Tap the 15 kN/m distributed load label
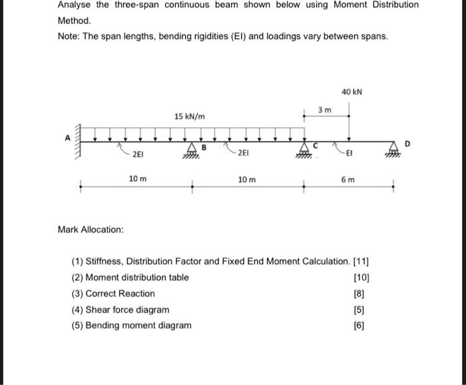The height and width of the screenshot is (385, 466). pos(190,117)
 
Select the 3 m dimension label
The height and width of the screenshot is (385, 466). pos(324,109)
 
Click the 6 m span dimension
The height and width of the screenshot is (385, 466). pos(348,180)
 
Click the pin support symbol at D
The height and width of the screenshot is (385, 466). pos(395,151)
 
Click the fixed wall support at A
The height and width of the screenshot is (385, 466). pos(77,140)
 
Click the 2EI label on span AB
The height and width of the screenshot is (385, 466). pos(136,155)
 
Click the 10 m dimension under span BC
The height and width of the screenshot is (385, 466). pos(246,180)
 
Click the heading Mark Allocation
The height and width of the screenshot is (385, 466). pos(91,230)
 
